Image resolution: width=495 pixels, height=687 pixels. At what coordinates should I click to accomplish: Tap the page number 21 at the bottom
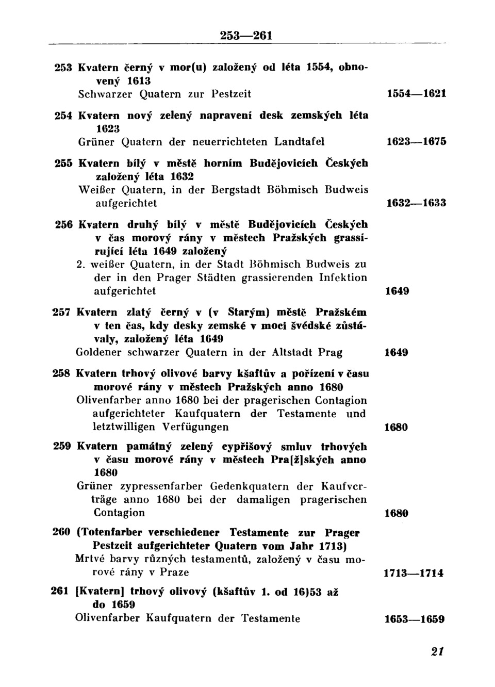(x=437, y=651)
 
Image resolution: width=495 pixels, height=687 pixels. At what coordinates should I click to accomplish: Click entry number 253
(x=63, y=68)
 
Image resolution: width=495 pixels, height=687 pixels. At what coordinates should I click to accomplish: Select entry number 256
(x=63, y=225)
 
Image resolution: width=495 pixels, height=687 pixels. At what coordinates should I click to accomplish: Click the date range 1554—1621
(x=416, y=94)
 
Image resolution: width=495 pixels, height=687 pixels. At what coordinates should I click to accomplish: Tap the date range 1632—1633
(x=416, y=203)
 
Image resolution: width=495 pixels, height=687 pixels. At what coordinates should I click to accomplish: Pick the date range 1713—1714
(x=414, y=573)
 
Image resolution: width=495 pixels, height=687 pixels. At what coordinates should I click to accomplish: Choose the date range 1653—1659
(x=415, y=619)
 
